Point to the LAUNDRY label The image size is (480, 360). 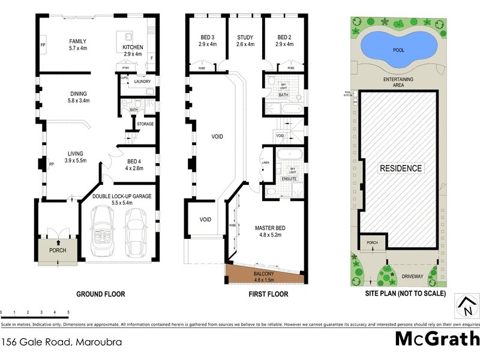(142, 82)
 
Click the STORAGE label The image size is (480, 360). (145, 124)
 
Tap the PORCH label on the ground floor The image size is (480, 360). (58, 250)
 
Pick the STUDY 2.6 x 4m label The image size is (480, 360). (245, 40)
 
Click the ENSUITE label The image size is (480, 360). (290, 178)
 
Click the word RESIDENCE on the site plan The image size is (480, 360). (400, 169)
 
